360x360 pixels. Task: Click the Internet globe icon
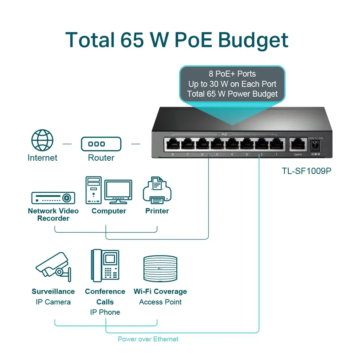click(42, 140)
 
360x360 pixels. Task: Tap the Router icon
click(101, 144)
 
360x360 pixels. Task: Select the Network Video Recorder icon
click(53, 198)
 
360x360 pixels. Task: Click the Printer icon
click(157, 191)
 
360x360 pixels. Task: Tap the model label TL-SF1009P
click(307, 171)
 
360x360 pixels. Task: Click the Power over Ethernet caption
click(148, 339)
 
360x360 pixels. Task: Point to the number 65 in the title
click(132, 40)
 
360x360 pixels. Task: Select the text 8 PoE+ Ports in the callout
click(232, 74)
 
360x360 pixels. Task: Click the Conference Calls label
click(105, 296)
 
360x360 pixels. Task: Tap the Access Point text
click(160, 302)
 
